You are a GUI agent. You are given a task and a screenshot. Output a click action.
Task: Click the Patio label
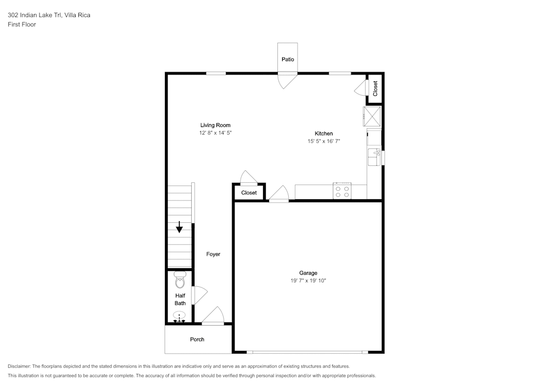288,59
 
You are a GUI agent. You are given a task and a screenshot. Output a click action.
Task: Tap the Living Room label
215,125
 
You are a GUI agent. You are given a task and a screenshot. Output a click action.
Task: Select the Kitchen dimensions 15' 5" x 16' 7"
324,141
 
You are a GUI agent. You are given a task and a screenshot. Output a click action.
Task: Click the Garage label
308,273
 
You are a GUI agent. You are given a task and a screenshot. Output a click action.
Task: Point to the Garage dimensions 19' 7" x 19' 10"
308,281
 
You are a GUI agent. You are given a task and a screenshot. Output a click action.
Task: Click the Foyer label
213,254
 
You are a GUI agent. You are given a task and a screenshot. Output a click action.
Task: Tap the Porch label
197,339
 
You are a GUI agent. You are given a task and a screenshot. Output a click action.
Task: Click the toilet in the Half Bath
180,280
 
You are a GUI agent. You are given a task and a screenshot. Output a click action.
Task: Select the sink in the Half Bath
180,317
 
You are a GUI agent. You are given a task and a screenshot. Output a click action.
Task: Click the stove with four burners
342,191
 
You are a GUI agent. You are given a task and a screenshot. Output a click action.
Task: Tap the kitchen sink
374,157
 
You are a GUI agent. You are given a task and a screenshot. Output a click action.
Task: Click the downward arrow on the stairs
179,227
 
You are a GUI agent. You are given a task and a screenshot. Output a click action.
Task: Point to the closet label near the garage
249,193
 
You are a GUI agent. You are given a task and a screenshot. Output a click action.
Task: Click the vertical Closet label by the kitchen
375,89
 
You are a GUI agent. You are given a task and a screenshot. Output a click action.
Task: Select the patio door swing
287,80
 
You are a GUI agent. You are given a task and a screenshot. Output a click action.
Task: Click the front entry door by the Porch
213,316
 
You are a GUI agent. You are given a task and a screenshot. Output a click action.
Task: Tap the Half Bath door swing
201,295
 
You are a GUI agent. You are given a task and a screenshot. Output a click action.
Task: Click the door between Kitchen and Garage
279,194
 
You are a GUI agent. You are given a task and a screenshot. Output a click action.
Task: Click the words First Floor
22,25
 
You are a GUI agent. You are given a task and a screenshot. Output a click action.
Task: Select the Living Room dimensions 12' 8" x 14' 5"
215,132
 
